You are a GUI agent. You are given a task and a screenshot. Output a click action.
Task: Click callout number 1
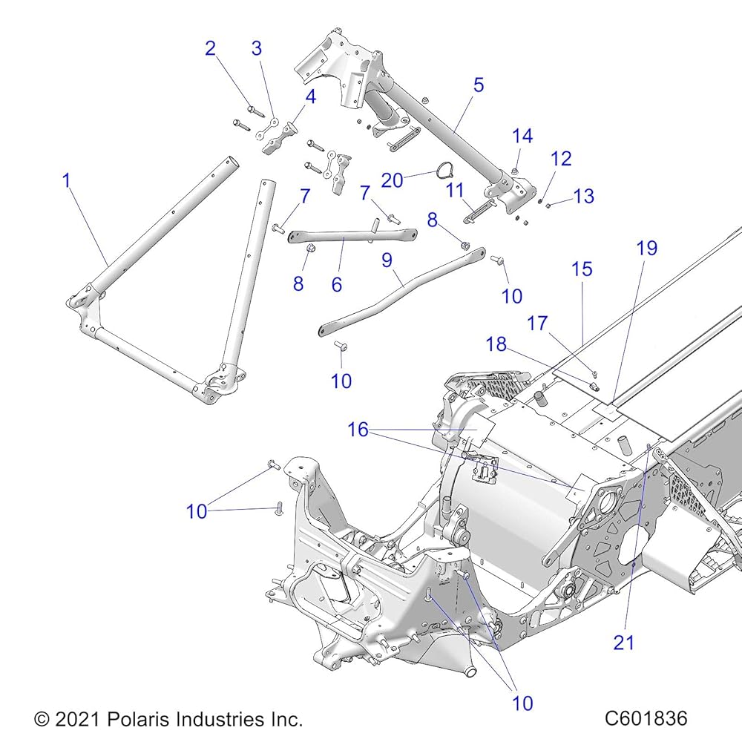pos(67,180)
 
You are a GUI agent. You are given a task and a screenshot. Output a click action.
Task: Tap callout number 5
pos(479,85)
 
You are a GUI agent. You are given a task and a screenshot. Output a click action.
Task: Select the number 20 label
pos(392,180)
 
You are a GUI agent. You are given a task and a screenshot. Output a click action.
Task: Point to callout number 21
pos(623,643)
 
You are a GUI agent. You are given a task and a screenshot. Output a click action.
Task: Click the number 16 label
pos(358,430)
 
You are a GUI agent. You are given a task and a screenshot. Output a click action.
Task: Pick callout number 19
pos(647,248)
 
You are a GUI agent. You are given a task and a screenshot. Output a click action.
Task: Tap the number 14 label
pos(522,137)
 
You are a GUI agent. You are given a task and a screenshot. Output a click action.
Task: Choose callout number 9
pos(387,260)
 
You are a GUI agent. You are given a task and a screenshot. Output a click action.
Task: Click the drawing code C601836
pos(646,718)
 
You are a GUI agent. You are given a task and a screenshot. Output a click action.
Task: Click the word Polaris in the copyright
pos(138,719)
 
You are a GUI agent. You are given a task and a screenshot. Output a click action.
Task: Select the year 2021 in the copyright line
pos(76,719)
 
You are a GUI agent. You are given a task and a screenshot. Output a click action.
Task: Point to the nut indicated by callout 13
pos(548,206)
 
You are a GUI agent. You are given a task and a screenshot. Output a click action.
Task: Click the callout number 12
pos(561,159)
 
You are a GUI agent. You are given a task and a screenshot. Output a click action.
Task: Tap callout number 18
pos(496,344)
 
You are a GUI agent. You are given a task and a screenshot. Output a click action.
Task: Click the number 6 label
pos(336,284)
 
